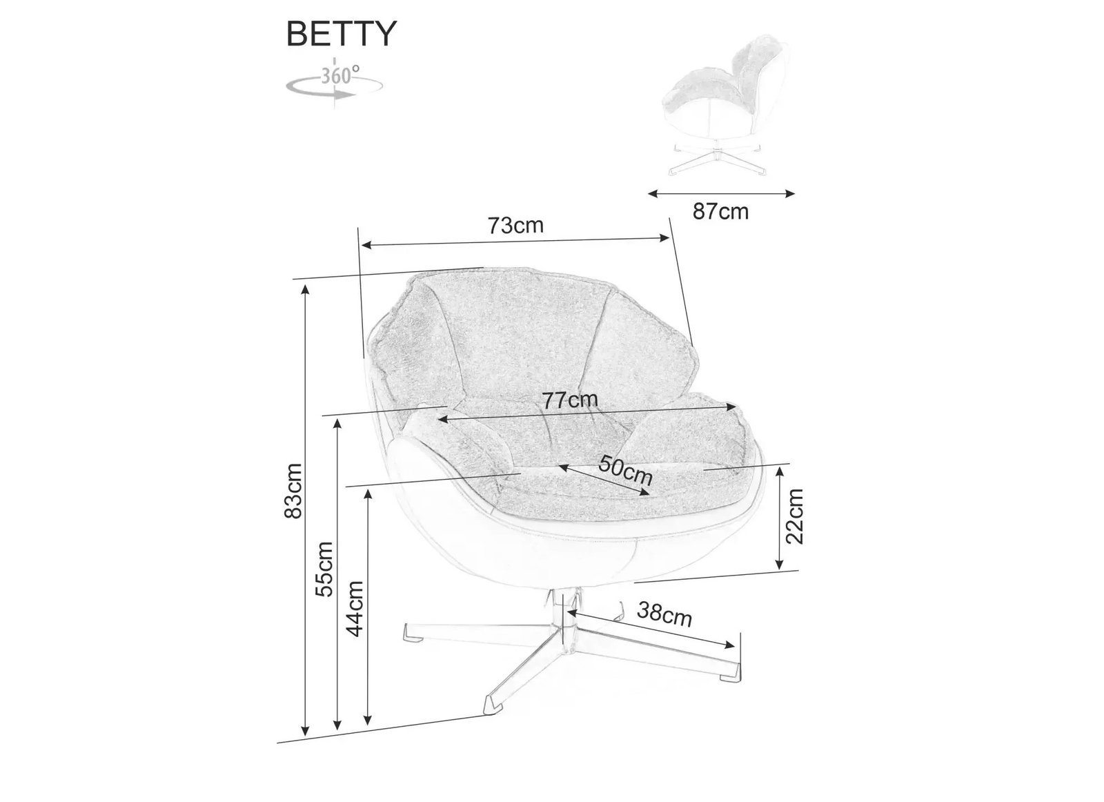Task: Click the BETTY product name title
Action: pyautogui.click(x=341, y=35)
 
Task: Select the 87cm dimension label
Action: pyautogui.click(x=720, y=211)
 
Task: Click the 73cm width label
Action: pyautogui.click(x=515, y=226)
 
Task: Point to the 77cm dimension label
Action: pyautogui.click(x=570, y=400)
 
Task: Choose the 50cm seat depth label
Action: pyautogui.click(x=625, y=469)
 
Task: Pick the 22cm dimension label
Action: pyautogui.click(x=796, y=516)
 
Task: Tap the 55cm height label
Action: pyautogui.click(x=324, y=569)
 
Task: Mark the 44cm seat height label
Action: pyautogui.click(x=355, y=609)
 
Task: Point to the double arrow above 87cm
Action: pyautogui.click(x=722, y=194)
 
